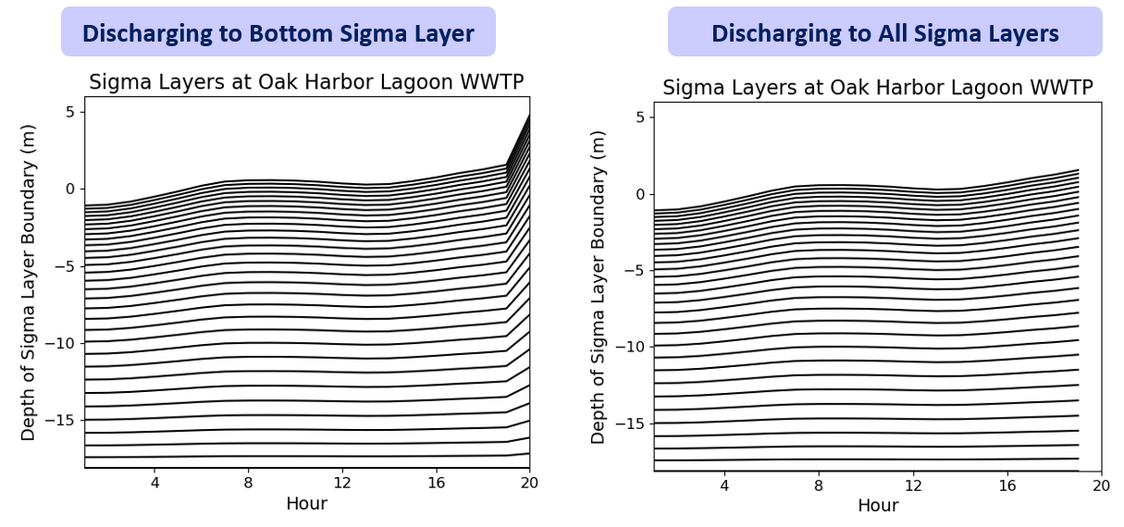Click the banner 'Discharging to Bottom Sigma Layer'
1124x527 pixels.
point(278,34)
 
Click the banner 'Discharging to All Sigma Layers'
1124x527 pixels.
point(884,34)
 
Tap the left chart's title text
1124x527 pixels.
point(306,82)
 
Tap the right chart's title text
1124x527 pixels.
point(878,88)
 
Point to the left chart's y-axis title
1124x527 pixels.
point(29,287)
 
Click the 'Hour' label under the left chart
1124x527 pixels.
point(306,504)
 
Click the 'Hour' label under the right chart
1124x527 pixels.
point(878,506)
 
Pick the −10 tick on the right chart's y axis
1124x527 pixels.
point(632,347)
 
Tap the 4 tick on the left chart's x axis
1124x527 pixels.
point(154,483)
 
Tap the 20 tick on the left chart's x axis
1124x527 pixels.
point(529,483)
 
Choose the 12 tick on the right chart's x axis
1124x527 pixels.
point(913,485)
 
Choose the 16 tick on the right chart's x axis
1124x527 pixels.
point(1007,485)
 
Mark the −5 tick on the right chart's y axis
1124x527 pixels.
point(636,271)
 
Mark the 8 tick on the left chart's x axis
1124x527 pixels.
point(248,483)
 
